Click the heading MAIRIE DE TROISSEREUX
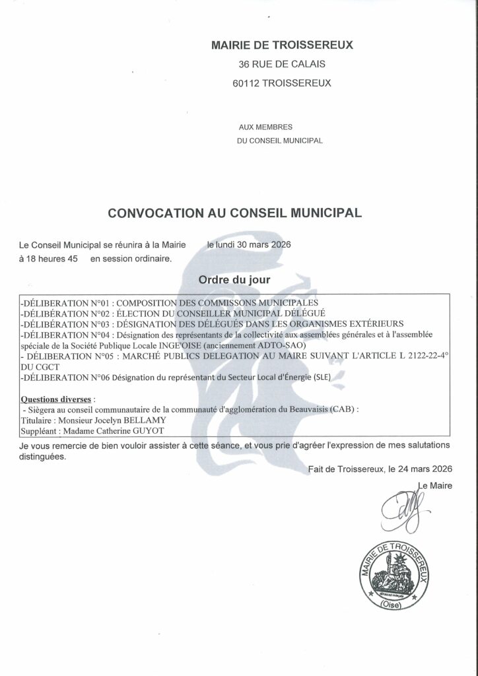[282, 46]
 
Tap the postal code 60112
[247, 83]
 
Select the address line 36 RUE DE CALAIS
[282, 65]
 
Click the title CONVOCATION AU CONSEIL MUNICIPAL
[235, 213]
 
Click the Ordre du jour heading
[234, 280]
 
